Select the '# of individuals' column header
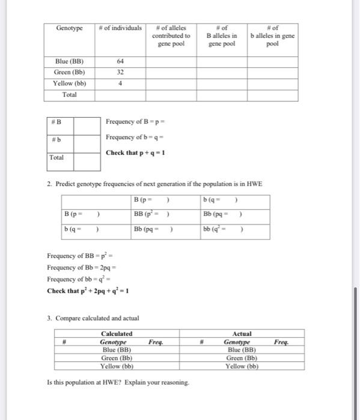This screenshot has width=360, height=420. [x=120, y=28]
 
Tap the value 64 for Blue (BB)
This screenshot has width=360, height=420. [x=120, y=61]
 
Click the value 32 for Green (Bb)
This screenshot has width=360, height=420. [x=120, y=73]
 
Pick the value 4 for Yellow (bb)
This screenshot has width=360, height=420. [x=120, y=84]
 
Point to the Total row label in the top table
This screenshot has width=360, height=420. [x=69, y=95]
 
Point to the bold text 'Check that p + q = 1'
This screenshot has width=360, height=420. [x=135, y=152]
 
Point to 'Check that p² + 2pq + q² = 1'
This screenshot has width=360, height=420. [x=87, y=292]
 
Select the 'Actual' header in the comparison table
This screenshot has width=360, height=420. [x=242, y=334]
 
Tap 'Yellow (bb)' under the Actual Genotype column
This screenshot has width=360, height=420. [x=242, y=366]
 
